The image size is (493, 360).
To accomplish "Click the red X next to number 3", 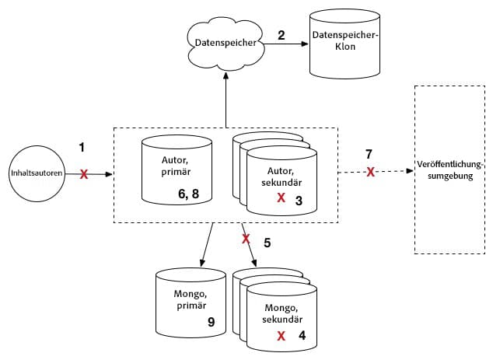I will point(281,198).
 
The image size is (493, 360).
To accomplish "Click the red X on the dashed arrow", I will point(371,171).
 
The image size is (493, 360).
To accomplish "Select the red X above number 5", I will point(246,237).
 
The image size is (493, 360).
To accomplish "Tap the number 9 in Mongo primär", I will point(210,321).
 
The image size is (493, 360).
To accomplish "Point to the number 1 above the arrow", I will point(84,145).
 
